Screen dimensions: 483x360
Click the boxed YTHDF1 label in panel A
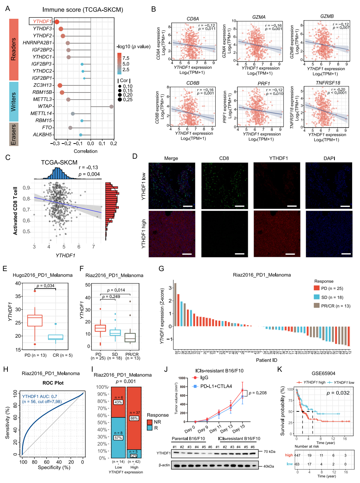coord(40,21)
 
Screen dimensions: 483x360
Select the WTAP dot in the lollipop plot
coord(111,106)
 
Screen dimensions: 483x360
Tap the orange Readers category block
coord(14,49)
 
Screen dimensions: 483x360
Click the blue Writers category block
coord(14,102)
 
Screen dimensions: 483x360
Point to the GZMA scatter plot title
coord(259,17)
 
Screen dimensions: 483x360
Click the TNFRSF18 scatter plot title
coord(328,83)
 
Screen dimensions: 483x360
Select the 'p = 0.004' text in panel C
coord(89,174)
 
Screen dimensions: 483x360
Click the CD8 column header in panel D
coord(224,158)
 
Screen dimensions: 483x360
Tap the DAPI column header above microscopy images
coord(329,158)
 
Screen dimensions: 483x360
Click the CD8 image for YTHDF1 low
coord(225,186)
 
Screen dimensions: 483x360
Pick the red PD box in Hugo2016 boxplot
coord(35,320)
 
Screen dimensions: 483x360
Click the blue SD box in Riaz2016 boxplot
coord(115,333)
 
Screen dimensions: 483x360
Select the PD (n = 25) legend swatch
coord(317,288)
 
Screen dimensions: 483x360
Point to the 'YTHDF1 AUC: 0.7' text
coord(40,397)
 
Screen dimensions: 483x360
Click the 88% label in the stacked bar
coord(134,418)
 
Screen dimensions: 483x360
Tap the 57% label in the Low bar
coord(118,438)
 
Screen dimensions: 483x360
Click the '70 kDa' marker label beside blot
coord(270,451)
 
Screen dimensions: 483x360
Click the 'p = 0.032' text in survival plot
coord(338,393)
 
